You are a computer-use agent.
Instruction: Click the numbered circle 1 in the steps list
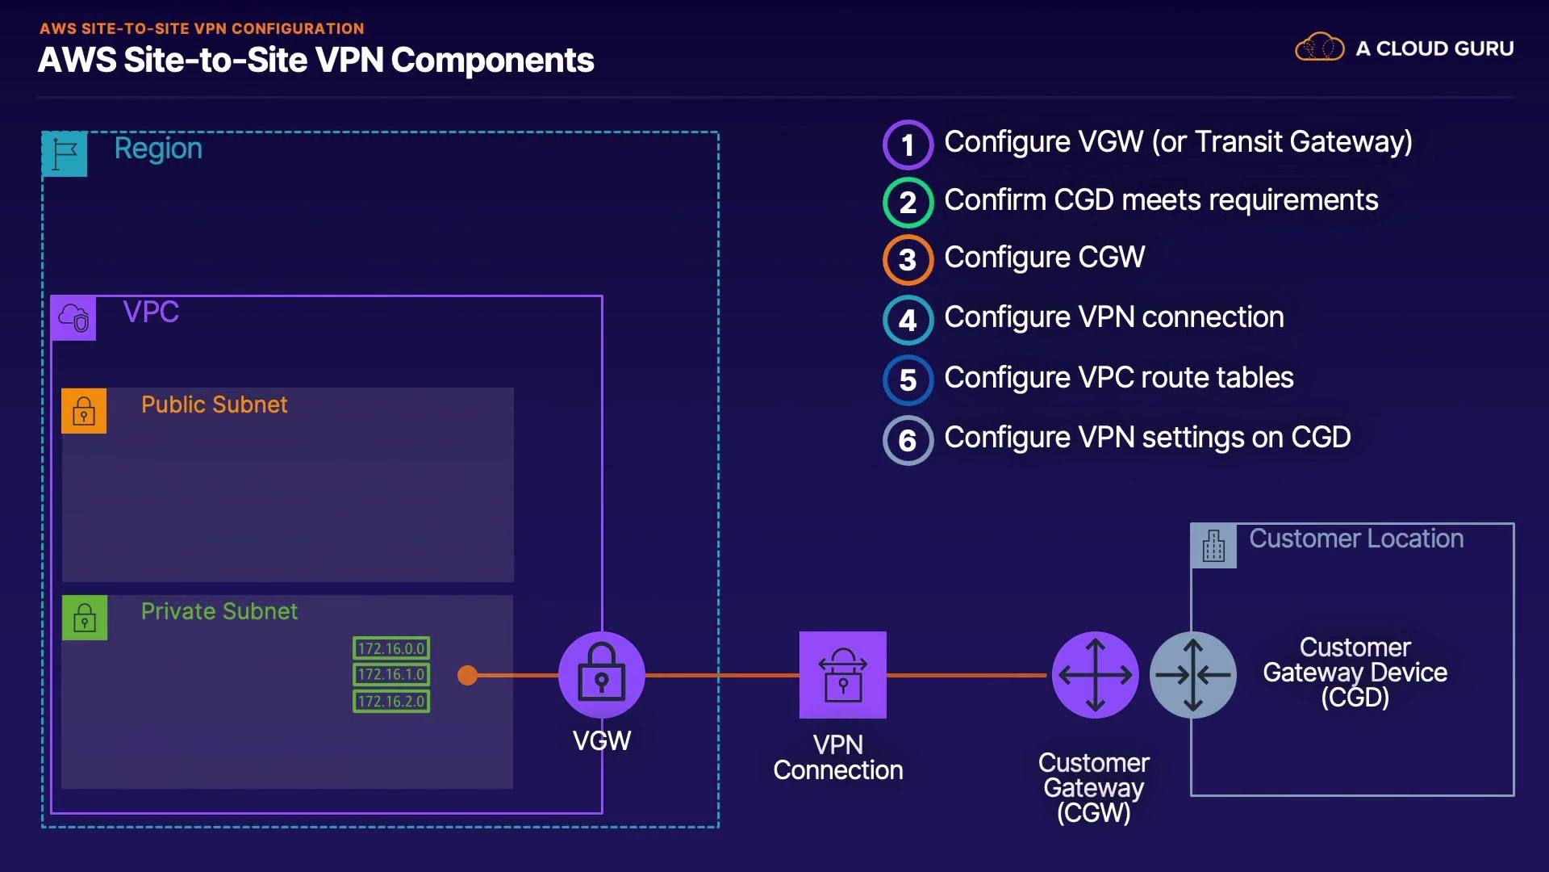click(x=908, y=145)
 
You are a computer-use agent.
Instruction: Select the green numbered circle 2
click(x=908, y=202)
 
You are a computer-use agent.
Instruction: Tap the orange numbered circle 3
click(x=908, y=260)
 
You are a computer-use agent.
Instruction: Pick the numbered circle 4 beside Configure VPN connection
click(x=908, y=320)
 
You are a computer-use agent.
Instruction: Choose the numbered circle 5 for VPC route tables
click(x=908, y=379)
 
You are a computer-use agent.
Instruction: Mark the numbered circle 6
click(x=908, y=440)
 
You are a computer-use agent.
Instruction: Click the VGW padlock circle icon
click(x=601, y=675)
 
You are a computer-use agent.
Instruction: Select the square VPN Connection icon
click(x=842, y=675)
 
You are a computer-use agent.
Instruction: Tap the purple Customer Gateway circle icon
click(x=1095, y=675)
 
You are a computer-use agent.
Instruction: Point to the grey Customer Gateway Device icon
click(x=1192, y=675)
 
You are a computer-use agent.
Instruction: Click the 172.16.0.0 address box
click(x=391, y=648)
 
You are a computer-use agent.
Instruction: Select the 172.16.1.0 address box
click(x=391, y=674)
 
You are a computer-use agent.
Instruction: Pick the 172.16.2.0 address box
click(x=391, y=701)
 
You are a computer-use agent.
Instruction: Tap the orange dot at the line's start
click(x=467, y=675)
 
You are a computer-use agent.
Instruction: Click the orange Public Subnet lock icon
click(x=84, y=411)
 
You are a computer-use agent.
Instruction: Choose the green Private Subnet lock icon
click(x=85, y=618)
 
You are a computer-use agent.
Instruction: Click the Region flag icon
click(x=65, y=153)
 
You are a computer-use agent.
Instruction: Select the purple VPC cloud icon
click(x=73, y=317)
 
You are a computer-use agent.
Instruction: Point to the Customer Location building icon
click(x=1213, y=546)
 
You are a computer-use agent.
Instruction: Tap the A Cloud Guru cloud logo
click(x=1319, y=48)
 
